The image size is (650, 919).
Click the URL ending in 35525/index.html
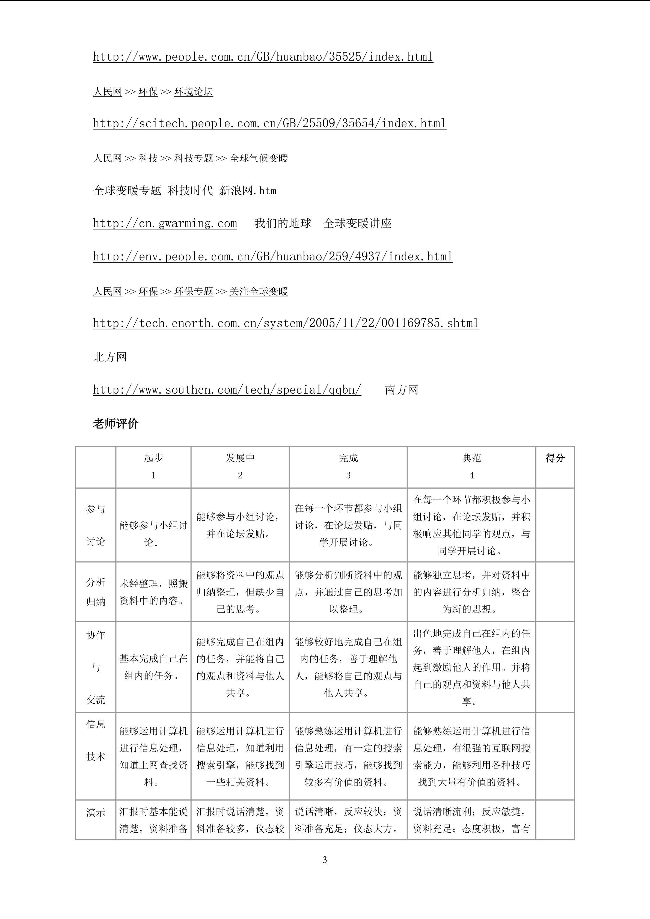[x=263, y=56]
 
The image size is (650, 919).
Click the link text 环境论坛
[x=193, y=92]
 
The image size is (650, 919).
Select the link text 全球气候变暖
[x=259, y=159]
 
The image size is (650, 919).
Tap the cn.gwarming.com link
[x=165, y=223]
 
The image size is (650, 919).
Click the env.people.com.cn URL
[x=272, y=256]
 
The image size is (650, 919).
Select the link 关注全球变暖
[x=259, y=292]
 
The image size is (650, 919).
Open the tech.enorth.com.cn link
[x=286, y=323]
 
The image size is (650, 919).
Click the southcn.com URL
[x=227, y=389]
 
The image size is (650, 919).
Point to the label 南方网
[x=402, y=389]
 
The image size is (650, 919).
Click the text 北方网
[x=110, y=357]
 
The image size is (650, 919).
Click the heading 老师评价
[x=116, y=424]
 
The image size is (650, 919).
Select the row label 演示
[x=96, y=813]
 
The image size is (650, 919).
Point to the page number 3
[x=325, y=860]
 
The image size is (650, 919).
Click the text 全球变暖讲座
[x=357, y=223]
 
